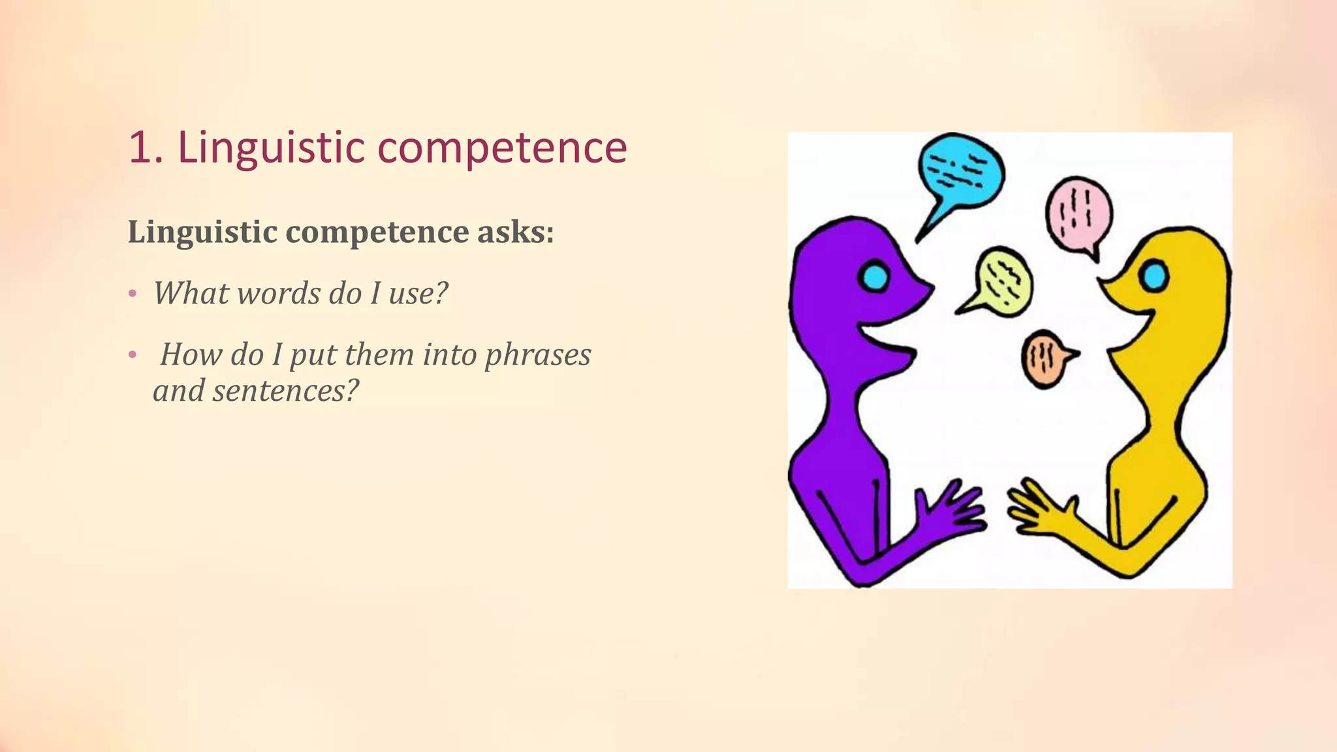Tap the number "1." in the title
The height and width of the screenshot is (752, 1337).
coord(146,148)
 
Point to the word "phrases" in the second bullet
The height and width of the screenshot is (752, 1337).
coord(538,354)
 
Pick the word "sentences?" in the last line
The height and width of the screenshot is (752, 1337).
coord(285,390)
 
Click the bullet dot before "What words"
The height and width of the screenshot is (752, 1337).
coord(133,294)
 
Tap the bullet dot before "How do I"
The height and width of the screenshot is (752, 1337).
coord(133,355)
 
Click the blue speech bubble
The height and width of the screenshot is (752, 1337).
coord(961,170)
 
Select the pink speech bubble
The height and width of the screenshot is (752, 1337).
coord(1078,213)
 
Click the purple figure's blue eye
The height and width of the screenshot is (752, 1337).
coord(873,277)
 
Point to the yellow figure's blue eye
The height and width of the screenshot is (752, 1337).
coord(1154,275)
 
